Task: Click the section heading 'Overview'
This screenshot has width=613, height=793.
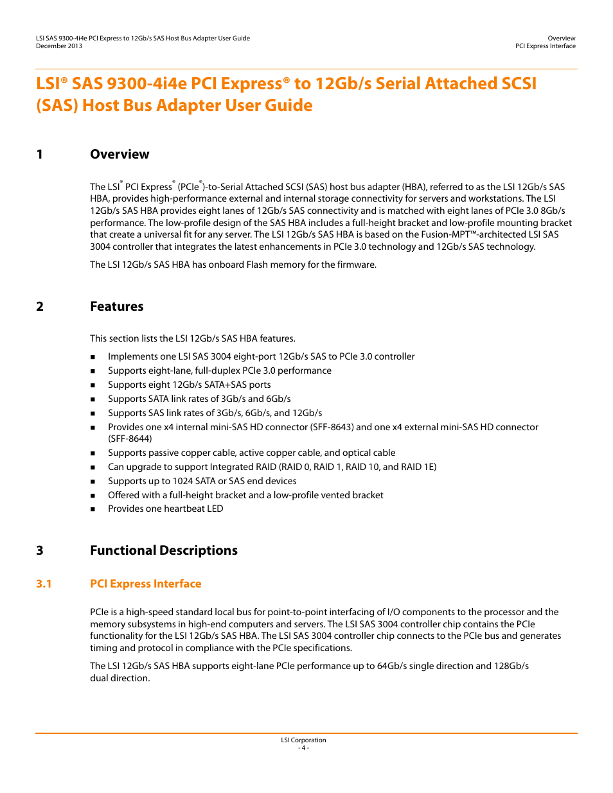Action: click(x=120, y=154)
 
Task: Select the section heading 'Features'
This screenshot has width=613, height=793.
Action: click(x=116, y=306)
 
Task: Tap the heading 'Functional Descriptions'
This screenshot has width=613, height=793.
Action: click(x=163, y=550)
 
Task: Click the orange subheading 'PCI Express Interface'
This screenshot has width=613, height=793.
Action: click(x=145, y=584)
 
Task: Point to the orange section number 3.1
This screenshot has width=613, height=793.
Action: click(x=44, y=584)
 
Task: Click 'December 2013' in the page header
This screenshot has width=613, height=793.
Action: click(x=59, y=46)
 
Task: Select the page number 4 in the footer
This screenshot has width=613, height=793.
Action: click(x=304, y=748)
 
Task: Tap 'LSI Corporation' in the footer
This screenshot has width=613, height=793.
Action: click(x=303, y=740)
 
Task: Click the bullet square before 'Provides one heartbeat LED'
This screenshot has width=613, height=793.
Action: click(x=93, y=509)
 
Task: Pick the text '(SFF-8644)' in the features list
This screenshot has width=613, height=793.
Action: click(x=130, y=439)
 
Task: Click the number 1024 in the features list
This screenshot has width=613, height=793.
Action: click(x=183, y=481)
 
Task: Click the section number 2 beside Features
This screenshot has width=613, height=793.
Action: click(x=40, y=306)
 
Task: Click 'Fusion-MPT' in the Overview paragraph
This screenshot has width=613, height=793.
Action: click(x=445, y=234)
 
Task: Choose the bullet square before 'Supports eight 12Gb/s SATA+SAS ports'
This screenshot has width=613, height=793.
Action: click(x=93, y=385)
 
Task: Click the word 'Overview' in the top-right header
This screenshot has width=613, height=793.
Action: click(x=562, y=39)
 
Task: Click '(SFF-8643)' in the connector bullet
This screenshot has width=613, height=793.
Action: click(x=332, y=427)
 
